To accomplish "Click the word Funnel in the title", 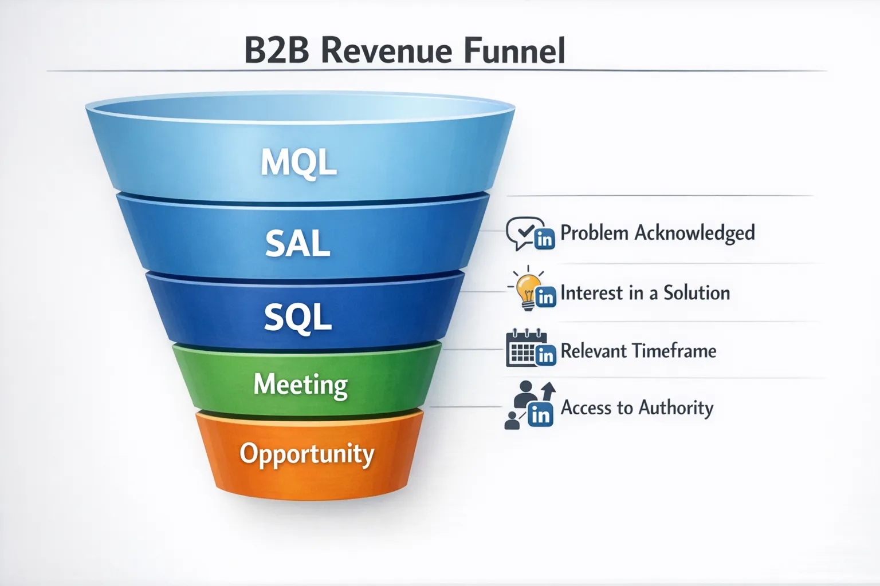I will pyautogui.click(x=514, y=50).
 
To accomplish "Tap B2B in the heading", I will pyautogui.click(x=277, y=50).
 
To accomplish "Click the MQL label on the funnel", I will pyautogui.click(x=298, y=163).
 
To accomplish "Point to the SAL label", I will pyautogui.click(x=297, y=244).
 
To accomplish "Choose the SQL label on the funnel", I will pyautogui.click(x=297, y=316).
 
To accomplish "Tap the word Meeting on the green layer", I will pyautogui.click(x=300, y=385).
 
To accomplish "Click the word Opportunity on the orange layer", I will pyautogui.click(x=307, y=454).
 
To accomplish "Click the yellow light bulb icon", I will pyautogui.click(x=526, y=288).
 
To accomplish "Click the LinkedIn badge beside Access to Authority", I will pyautogui.click(x=540, y=414).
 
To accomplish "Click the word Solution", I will pyautogui.click(x=697, y=293).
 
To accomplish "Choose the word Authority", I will pyautogui.click(x=676, y=407).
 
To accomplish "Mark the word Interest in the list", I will pyautogui.click(x=591, y=293).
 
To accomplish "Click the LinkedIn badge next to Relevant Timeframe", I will pyautogui.click(x=545, y=355).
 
